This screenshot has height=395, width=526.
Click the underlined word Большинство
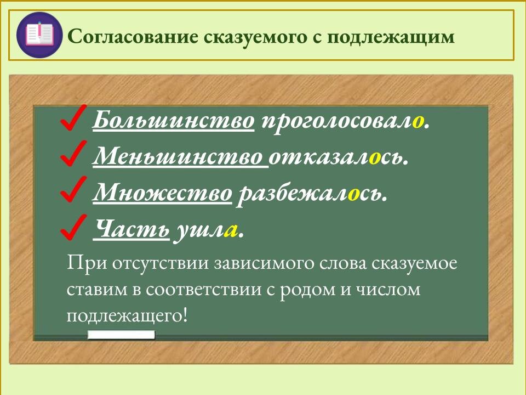coord(174,120)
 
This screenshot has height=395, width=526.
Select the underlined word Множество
coord(163,194)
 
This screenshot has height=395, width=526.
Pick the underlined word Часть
coord(131,230)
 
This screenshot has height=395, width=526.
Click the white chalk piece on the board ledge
coord(121,335)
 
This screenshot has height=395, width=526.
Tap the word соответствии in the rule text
coord(197,289)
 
